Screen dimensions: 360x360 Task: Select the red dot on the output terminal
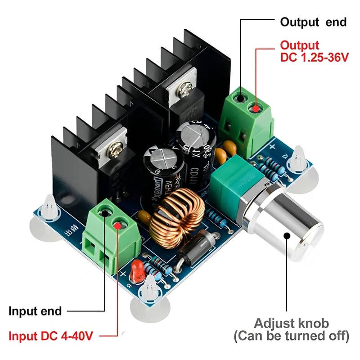pyautogui.click(x=255, y=108)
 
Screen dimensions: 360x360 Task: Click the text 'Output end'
pyautogui.click(x=313, y=22)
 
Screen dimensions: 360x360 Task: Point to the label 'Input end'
pyautogui.click(x=35, y=311)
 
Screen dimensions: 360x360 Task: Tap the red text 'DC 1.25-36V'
pyautogui.click(x=314, y=58)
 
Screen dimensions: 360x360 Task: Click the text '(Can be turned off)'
pyautogui.click(x=291, y=336)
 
